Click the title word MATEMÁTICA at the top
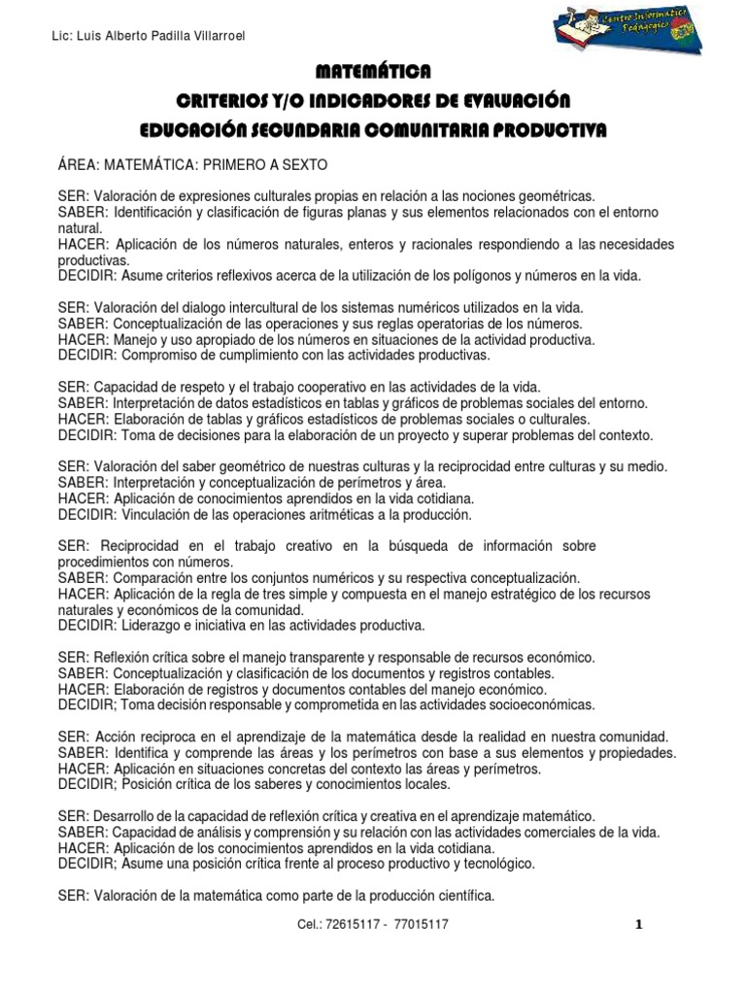(373, 72)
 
